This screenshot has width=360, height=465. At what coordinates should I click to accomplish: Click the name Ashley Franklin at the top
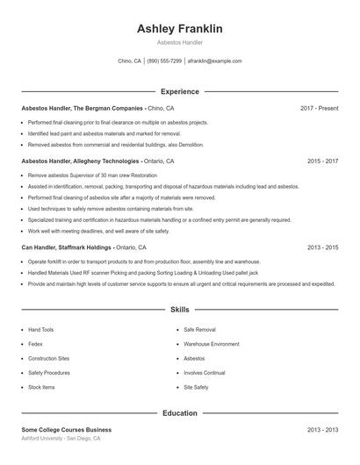tap(179, 29)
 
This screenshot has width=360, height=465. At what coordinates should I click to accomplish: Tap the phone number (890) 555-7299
tap(164, 61)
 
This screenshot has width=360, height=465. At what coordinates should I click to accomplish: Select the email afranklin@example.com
tap(214, 61)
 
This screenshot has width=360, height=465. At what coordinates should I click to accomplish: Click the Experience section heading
tap(179, 91)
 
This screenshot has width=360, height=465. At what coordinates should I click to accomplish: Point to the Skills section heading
tap(179, 310)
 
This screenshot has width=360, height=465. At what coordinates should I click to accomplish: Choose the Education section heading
tap(179, 412)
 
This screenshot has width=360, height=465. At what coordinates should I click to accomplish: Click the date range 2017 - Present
tap(319, 108)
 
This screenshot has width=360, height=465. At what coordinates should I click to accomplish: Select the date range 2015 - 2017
tap(322, 161)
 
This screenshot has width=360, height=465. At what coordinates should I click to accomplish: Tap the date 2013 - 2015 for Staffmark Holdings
tap(322, 247)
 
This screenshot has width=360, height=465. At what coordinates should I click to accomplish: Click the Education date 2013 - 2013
tap(322, 430)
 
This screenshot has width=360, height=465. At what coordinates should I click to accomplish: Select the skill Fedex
tap(36, 344)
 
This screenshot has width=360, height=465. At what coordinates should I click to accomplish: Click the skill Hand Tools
tap(40, 330)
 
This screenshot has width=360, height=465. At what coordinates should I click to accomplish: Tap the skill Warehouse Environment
tap(211, 344)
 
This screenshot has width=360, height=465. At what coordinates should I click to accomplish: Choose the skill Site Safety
tap(196, 387)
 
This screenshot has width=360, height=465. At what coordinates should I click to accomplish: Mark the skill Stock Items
tap(41, 387)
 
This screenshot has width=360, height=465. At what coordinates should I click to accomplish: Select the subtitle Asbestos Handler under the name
tap(179, 42)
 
